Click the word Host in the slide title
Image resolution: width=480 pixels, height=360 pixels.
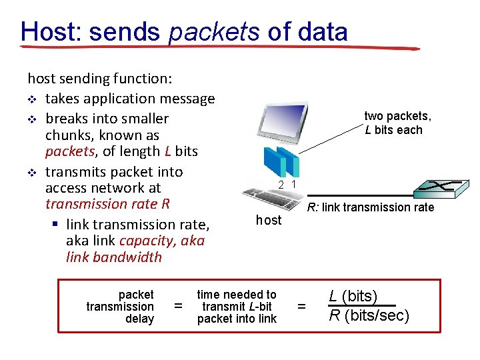click(x=49, y=31)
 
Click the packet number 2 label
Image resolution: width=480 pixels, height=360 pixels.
click(x=281, y=184)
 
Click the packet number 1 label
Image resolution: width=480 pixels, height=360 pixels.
click(x=293, y=184)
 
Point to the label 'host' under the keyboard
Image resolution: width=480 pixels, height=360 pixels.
click(x=269, y=220)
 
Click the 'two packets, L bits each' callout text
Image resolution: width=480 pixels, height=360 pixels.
click(x=397, y=123)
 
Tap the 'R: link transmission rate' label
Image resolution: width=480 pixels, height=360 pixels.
click(x=370, y=207)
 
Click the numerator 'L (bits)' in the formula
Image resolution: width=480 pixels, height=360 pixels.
click(x=353, y=296)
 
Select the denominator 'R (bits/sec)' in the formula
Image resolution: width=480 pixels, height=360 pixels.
click(x=369, y=315)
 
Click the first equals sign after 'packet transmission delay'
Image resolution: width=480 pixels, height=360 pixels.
click(x=178, y=307)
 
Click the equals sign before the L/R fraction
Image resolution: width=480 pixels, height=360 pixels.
click(x=301, y=307)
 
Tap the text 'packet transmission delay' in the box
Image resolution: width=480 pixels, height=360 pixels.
click(x=120, y=306)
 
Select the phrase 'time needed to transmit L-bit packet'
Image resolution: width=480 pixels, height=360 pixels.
click(x=236, y=306)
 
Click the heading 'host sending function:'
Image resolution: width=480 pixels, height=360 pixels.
click(x=99, y=79)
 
